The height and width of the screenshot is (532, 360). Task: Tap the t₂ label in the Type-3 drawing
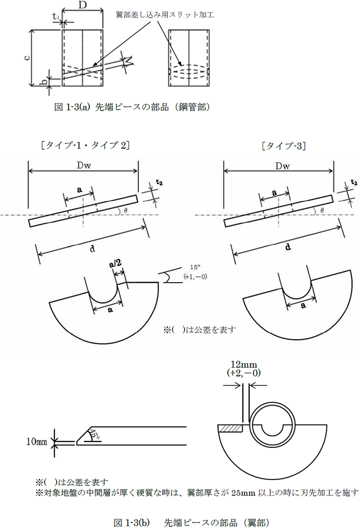click(354, 183)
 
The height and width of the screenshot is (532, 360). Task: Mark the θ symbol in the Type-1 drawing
click(125, 210)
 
